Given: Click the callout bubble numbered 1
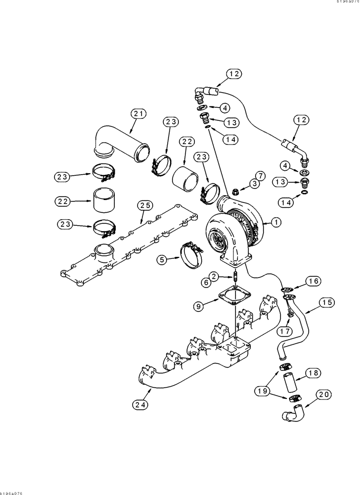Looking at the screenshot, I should pyautogui.click(x=274, y=223).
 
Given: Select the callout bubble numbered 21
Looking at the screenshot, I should pyautogui.click(x=139, y=114).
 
